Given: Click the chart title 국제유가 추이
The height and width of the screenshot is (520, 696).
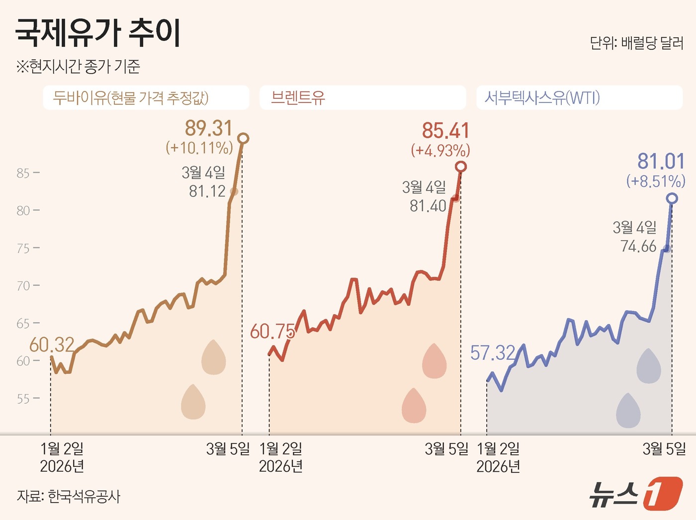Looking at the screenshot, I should click(x=98, y=33).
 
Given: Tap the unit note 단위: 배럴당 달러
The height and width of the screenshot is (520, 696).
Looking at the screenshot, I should click(x=636, y=43).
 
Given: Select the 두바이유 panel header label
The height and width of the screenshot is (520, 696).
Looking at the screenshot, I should click(x=131, y=97).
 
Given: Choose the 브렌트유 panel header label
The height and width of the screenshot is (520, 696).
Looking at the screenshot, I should click(x=298, y=97).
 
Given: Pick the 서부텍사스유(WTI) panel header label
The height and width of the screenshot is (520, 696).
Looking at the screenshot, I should click(x=542, y=97).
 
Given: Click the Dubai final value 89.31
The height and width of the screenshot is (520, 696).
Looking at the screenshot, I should click(x=209, y=128).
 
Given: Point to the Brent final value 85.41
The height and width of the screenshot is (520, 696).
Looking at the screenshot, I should click(x=445, y=131).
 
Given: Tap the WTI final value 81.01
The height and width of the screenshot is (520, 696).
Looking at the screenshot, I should click(x=661, y=162).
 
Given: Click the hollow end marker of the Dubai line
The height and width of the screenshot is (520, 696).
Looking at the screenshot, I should click(x=243, y=138).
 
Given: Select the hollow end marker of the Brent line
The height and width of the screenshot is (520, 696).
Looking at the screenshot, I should click(x=461, y=167).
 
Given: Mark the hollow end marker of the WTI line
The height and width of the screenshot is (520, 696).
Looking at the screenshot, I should click(x=672, y=199).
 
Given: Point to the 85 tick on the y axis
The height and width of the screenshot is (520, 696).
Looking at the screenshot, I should click(x=23, y=173).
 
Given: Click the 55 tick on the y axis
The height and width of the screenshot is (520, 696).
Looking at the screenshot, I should click(x=23, y=399).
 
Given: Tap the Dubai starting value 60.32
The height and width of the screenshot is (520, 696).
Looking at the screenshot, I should click(x=52, y=345).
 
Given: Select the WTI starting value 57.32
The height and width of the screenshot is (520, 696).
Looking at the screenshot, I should click(x=493, y=353).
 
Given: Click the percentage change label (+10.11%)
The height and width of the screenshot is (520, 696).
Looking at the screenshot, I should click(x=199, y=148).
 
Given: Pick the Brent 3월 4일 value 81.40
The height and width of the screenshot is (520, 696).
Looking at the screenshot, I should click(x=428, y=206).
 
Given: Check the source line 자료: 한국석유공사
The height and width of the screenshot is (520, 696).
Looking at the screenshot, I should click(x=69, y=496).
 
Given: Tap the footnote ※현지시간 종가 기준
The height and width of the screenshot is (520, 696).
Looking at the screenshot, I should click(x=78, y=67).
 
